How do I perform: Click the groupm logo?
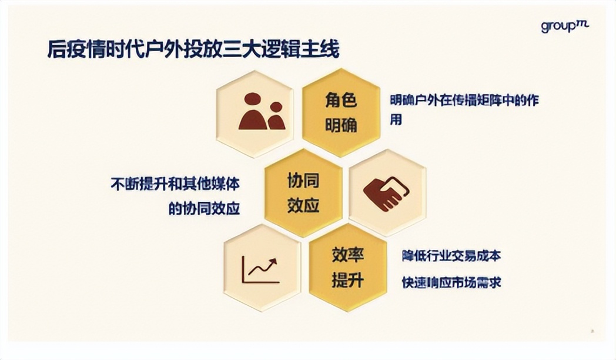564,26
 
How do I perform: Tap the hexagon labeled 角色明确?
341,112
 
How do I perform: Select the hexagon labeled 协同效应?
303,193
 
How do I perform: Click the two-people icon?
262,112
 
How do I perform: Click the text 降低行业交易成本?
451,256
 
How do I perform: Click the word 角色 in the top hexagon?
341,100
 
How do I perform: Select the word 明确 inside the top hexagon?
341,125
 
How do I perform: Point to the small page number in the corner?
592,331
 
